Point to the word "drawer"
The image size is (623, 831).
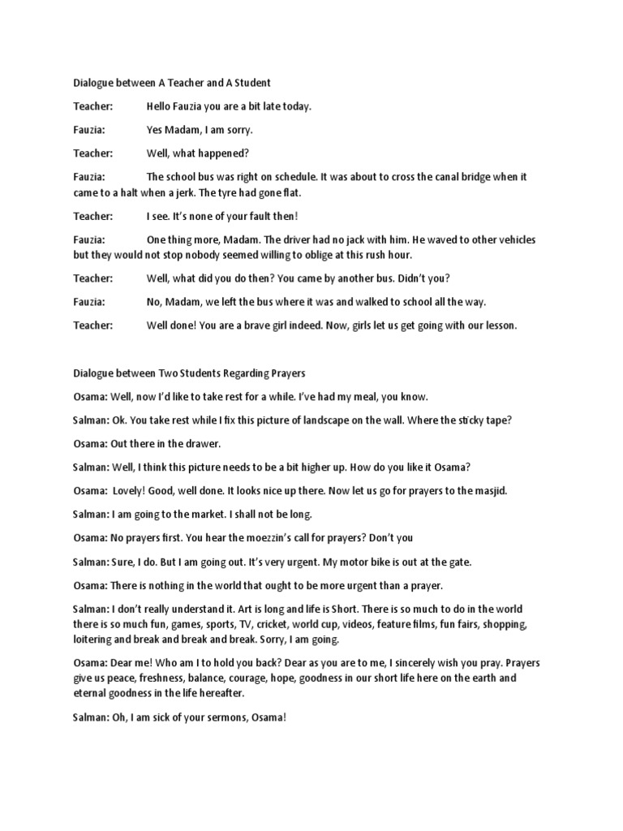pyautogui.click(x=204, y=444)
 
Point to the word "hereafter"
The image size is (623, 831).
pyautogui.click(x=239, y=694)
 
